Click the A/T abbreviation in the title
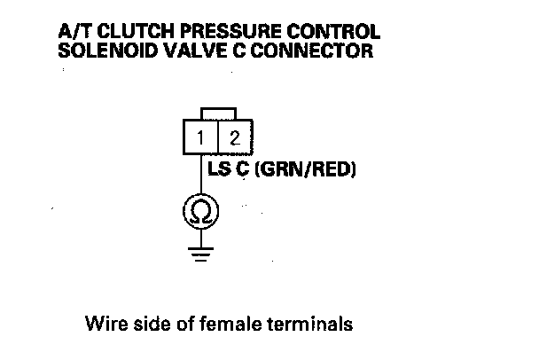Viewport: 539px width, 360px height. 73,32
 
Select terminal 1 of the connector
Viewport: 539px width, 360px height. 202,137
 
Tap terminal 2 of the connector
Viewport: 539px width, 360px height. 235,137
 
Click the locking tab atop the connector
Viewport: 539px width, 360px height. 219,113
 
